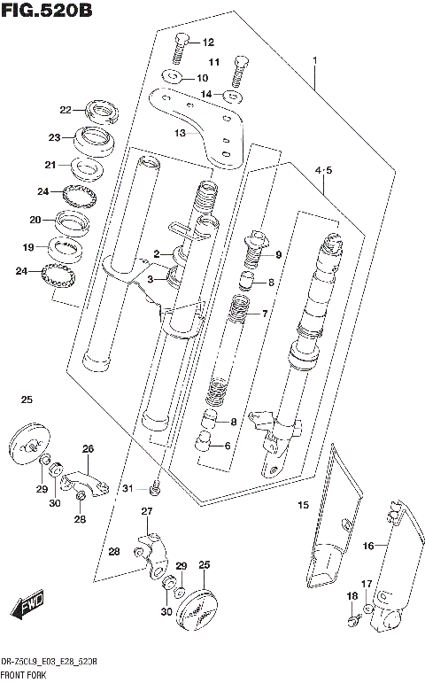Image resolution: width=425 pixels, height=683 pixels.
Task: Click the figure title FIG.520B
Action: tap(46, 11)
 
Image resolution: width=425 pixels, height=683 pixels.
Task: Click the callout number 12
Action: tap(208, 43)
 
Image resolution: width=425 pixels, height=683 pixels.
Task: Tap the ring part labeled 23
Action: tap(89, 137)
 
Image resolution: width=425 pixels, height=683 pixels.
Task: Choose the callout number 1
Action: tap(313, 61)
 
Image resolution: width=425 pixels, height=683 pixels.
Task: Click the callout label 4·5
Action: tap(323, 170)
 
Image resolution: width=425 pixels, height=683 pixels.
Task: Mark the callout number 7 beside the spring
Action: tap(262, 314)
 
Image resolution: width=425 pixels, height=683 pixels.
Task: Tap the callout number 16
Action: tap(367, 546)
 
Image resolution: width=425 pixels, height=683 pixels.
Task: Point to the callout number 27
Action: tap(147, 512)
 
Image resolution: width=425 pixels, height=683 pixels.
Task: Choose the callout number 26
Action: tap(88, 448)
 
